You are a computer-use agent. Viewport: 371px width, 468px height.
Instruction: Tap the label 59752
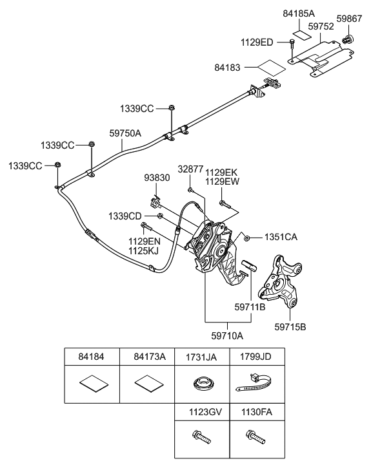[x=321, y=27]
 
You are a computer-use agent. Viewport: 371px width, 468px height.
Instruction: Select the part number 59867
[x=352, y=19]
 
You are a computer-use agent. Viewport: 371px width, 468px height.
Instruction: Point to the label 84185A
[x=299, y=14]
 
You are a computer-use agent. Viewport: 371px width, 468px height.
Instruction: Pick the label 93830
[x=156, y=178]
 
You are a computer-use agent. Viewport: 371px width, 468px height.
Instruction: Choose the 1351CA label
[x=281, y=238]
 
